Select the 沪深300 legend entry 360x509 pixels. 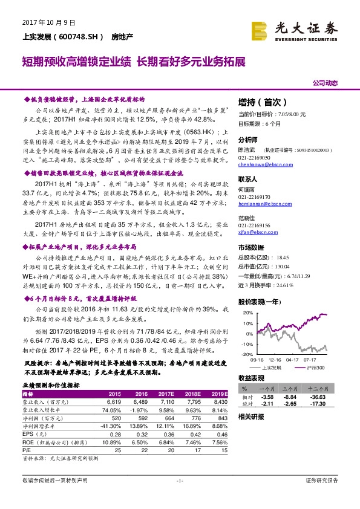313,367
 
